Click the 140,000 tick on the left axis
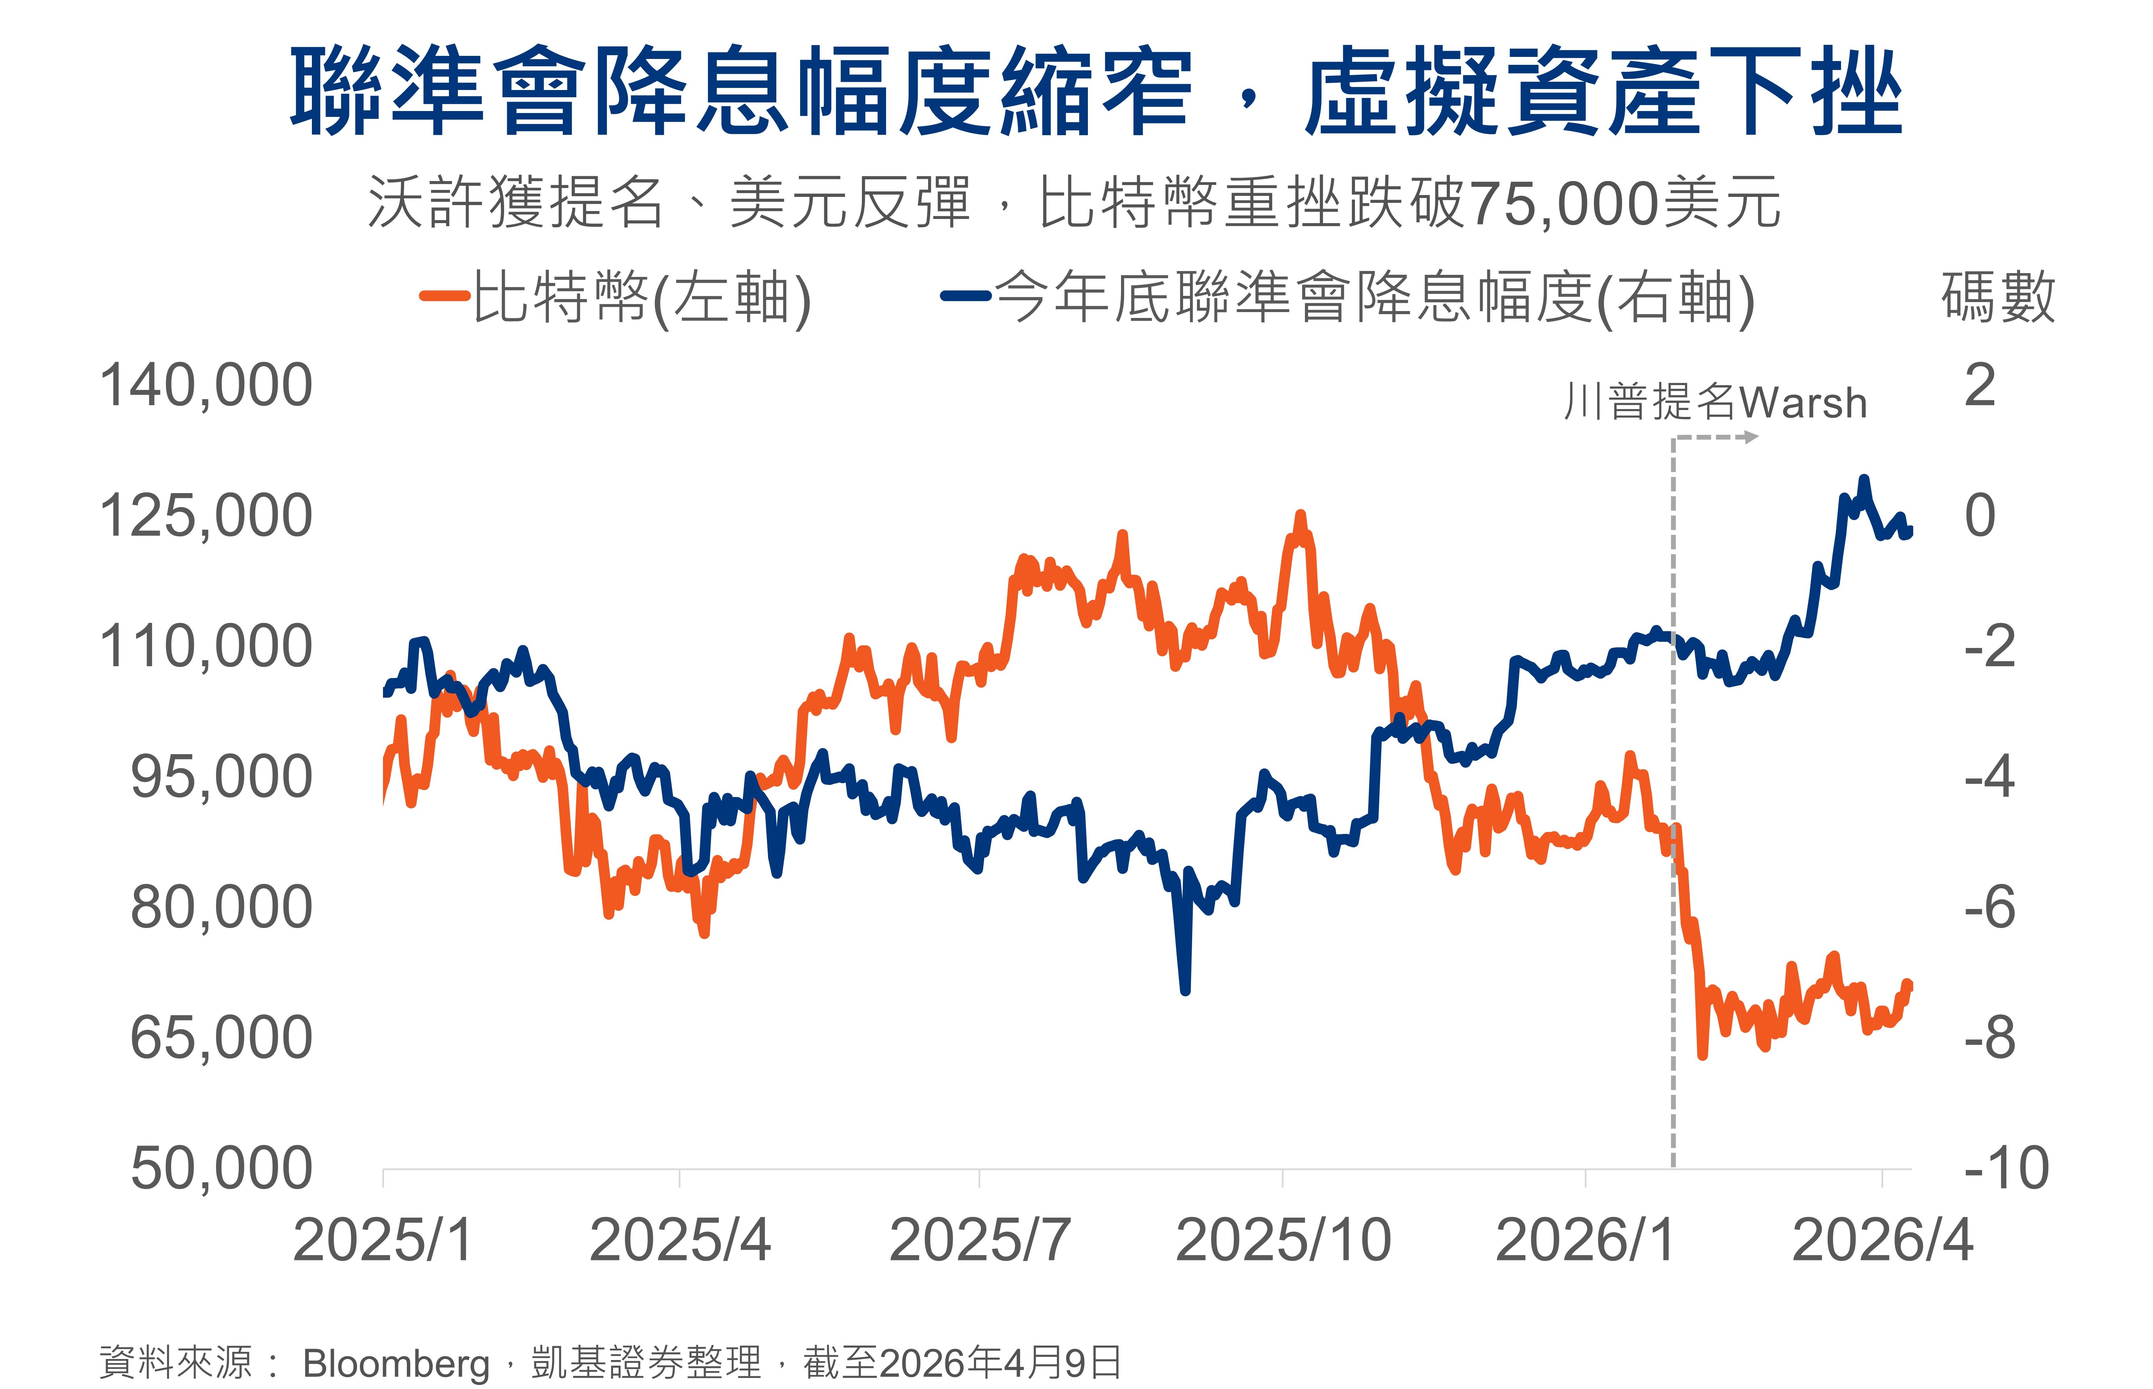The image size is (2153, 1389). coord(206,386)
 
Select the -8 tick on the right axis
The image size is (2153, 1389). coord(1990,1038)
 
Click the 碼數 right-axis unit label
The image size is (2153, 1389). coord(1998,298)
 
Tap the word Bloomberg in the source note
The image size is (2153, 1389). coord(395,1363)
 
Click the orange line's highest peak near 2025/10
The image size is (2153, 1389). coord(1300,515)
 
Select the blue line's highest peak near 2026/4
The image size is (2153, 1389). coord(1864,480)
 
